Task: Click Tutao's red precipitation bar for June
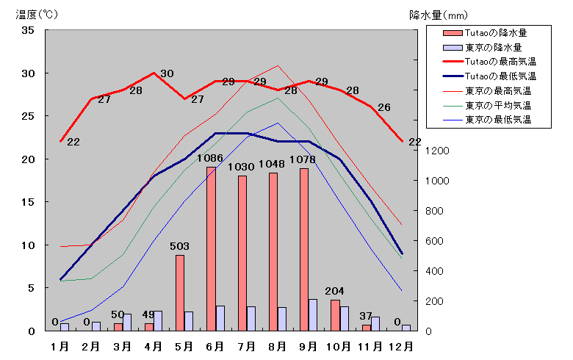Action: click(x=212, y=249)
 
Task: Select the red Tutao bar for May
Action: click(x=180, y=293)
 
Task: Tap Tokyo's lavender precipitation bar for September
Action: click(x=312, y=315)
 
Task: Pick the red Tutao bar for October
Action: click(x=335, y=315)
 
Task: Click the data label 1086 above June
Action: click(x=210, y=158)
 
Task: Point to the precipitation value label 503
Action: click(x=179, y=246)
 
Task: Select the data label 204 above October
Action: click(x=334, y=291)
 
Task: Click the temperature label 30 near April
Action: click(x=167, y=73)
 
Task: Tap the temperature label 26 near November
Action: click(x=384, y=107)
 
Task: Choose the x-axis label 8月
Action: click(x=277, y=347)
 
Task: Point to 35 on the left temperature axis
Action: click(x=28, y=30)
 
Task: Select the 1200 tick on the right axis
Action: click(x=437, y=151)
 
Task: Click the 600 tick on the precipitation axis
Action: click(x=434, y=241)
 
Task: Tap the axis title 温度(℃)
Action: click(x=37, y=15)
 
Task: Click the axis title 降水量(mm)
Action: click(x=438, y=15)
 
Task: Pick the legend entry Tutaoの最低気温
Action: click(x=490, y=76)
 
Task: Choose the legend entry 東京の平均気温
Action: click(x=487, y=106)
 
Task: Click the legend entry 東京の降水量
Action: click(x=483, y=48)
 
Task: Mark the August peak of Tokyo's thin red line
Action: click(x=278, y=66)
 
